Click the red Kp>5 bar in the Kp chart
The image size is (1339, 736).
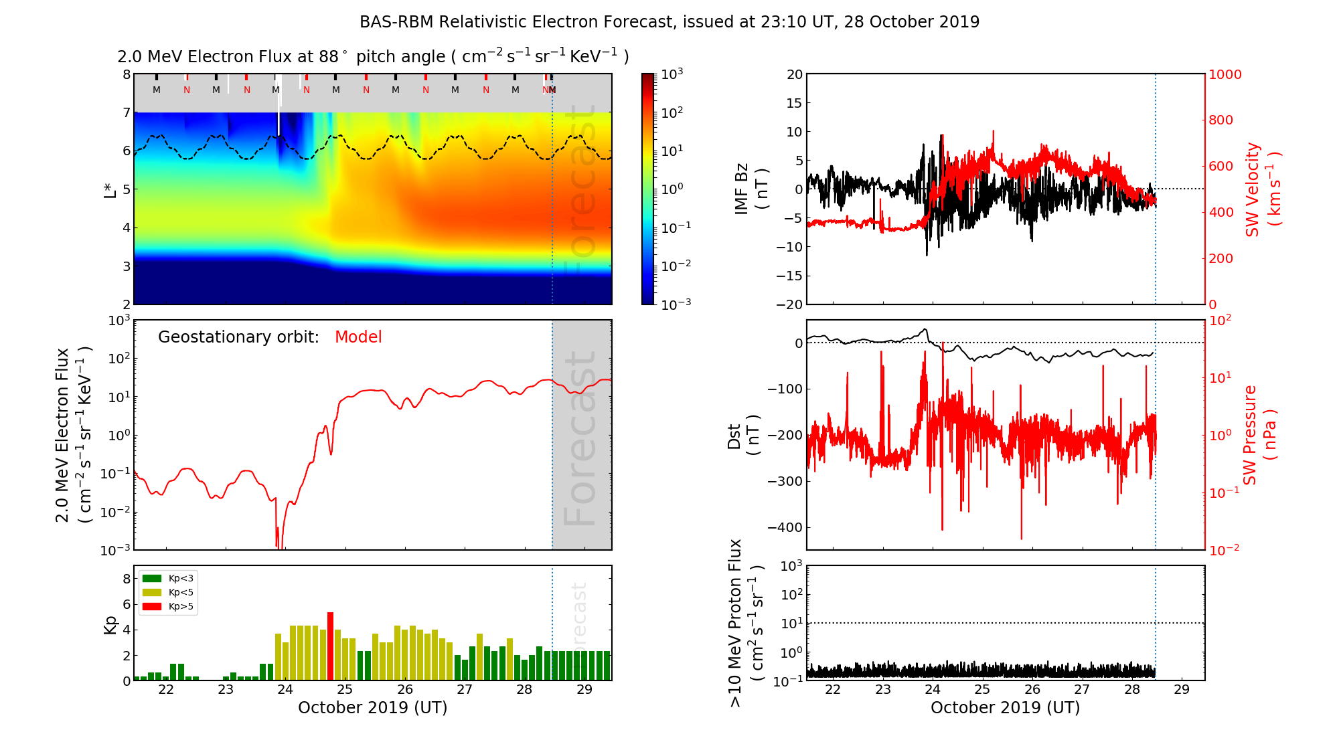[x=330, y=646]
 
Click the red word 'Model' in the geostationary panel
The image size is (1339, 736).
[x=358, y=337]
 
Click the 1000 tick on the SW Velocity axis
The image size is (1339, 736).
[x=1225, y=74]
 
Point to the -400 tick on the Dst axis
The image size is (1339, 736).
[x=785, y=527]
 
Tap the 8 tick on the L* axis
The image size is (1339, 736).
[x=126, y=74]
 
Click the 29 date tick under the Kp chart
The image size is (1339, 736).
[x=584, y=690]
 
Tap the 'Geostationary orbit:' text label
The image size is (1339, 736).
[x=238, y=337]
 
